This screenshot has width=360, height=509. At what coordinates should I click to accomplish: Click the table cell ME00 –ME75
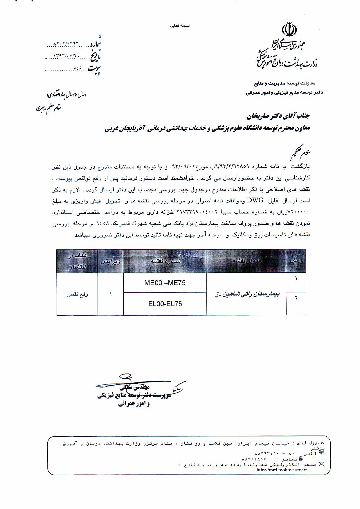[x=165, y=283]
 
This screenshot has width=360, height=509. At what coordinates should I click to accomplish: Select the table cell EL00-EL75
[x=165, y=304]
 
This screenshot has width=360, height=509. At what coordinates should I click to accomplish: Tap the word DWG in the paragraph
[x=255, y=200]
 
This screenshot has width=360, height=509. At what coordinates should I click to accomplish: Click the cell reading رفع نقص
[x=77, y=294]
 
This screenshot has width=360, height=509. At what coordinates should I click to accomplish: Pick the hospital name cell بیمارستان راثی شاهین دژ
[x=247, y=294]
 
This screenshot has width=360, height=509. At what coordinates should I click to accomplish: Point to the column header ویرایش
[x=110, y=261]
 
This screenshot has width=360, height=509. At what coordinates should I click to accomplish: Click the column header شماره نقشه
[x=165, y=261]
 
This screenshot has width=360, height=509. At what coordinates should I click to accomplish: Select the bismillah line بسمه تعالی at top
[x=180, y=26]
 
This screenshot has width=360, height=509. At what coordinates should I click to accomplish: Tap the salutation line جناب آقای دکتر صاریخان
[x=278, y=116]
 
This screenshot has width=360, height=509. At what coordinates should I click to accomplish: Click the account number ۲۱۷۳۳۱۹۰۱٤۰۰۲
[x=197, y=212]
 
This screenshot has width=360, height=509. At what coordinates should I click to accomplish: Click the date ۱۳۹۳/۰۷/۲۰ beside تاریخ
[x=66, y=56]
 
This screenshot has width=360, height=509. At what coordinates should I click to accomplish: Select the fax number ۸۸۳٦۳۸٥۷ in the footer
[x=254, y=459]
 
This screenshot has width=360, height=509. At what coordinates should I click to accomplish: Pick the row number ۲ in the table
[x=296, y=298]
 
